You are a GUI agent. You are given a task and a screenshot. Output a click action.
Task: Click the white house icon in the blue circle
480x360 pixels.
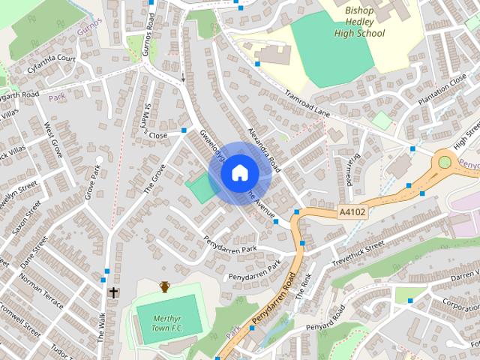click(x=239, y=172)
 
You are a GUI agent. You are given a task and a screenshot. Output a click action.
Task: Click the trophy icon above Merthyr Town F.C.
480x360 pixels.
click(x=164, y=286)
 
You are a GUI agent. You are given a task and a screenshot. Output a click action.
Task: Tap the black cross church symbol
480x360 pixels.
click(x=113, y=292)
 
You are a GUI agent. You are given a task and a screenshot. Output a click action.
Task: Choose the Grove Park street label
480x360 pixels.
click(x=92, y=183)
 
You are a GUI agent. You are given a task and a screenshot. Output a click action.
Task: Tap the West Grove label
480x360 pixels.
click(x=53, y=139)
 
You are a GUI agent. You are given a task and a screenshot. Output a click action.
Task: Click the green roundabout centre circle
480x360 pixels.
click(x=445, y=161)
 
